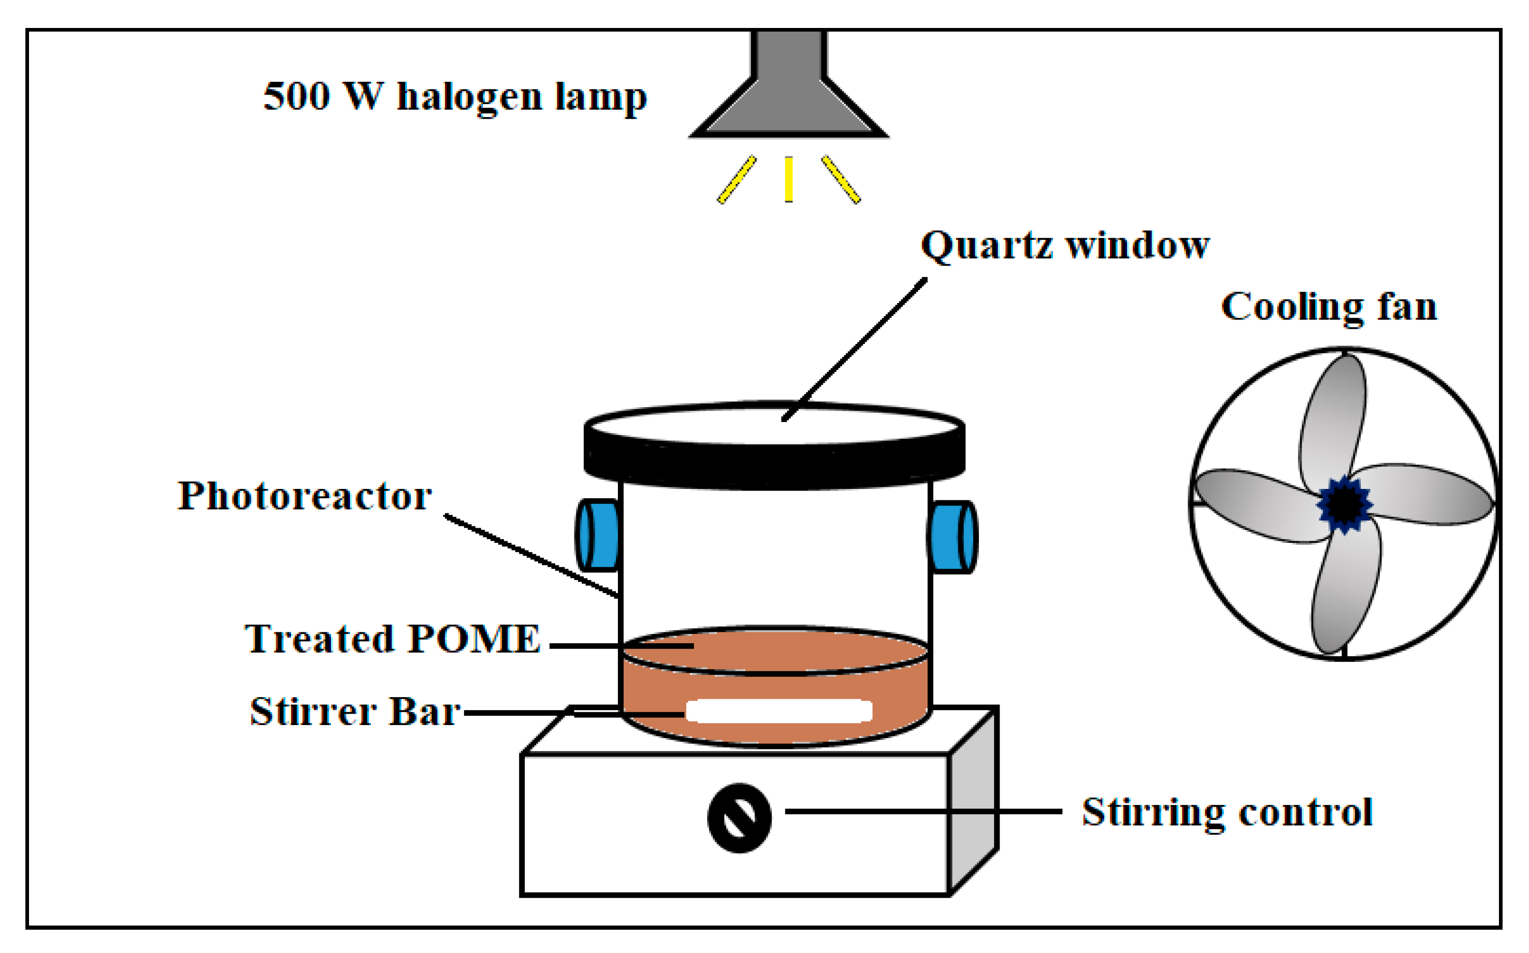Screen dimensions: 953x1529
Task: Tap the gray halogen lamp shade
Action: (x=788, y=101)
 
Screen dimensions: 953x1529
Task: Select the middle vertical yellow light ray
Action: (x=788, y=179)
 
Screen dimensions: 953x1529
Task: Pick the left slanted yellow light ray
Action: (x=736, y=180)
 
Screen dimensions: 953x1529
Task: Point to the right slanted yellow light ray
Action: (x=841, y=180)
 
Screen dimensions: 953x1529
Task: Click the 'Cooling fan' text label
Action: (x=1329, y=308)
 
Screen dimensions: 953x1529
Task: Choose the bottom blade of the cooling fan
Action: (x=1346, y=589)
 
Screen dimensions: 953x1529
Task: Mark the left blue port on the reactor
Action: (x=598, y=535)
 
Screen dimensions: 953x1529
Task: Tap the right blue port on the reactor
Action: (x=953, y=537)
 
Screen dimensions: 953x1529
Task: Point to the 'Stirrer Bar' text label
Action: (x=355, y=712)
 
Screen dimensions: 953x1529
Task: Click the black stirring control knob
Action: (x=739, y=817)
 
